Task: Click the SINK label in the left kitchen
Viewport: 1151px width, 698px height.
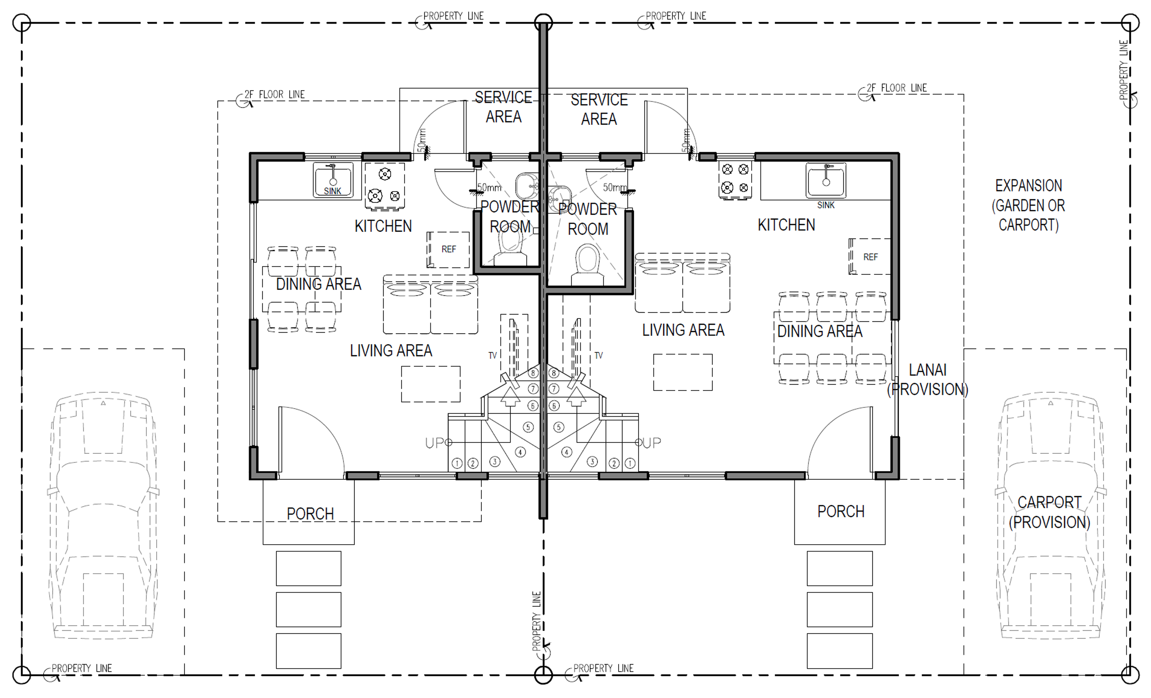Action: coord(332,191)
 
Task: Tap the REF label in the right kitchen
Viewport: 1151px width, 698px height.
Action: coord(870,257)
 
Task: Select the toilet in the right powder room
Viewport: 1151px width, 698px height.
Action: coord(588,264)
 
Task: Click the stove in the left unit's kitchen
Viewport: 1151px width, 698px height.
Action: coord(385,186)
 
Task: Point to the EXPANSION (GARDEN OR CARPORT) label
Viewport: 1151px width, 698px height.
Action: coord(1028,205)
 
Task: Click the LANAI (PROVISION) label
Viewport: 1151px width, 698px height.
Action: coord(928,379)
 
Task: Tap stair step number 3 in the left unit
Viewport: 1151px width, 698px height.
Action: coord(495,462)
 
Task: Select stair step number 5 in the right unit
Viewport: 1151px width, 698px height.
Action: coord(559,427)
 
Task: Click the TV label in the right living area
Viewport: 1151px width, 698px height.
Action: coord(598,356)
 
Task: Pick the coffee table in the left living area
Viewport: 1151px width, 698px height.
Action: coord(431,384)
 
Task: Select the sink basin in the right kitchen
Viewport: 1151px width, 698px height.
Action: coord(825,180)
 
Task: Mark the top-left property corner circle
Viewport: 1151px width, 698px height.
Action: coord(21,22)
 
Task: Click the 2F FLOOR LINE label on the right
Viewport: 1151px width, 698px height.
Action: coord(897,88)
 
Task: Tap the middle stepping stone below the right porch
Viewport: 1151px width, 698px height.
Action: coord(839,609)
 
